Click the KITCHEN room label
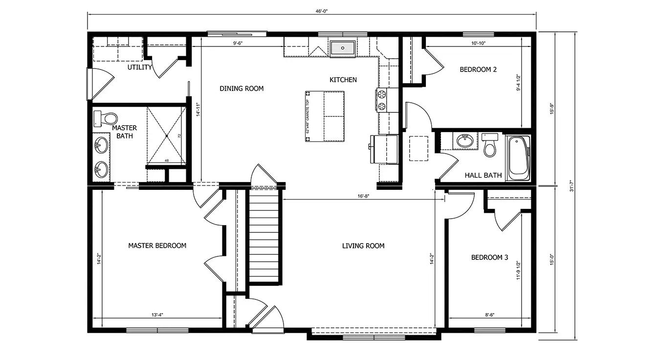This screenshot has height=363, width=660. coord(343,80)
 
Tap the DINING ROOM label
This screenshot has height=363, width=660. coord(242,89)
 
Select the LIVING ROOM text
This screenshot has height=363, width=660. coord(363,246)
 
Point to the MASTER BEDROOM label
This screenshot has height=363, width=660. coord(157,245)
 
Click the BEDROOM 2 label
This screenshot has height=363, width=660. coord(478,69)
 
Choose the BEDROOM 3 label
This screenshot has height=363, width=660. coord(489,257)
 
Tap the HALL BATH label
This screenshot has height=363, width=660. coord(483,175)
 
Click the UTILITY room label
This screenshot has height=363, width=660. coord(140,67)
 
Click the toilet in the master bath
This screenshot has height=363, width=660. coord(106,119)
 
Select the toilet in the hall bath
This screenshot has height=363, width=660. coord(489,145)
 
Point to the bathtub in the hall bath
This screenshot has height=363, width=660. coord(518,158)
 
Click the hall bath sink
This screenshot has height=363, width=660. coord(464,141)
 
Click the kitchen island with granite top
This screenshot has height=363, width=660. coord(325,116)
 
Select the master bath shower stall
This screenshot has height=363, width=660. coord(166,135)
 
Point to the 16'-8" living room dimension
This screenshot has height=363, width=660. coord(362,196)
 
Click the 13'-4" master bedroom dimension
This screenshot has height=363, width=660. coord(157,315)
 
